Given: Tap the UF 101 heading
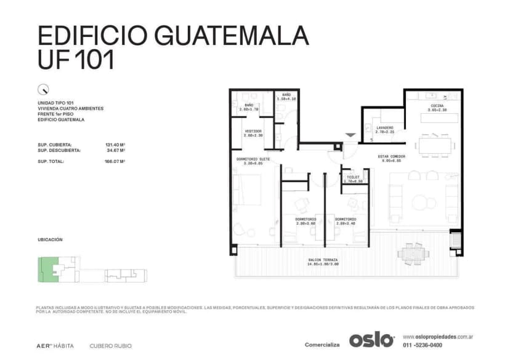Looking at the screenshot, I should coord(76,60).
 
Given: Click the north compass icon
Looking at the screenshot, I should coord(43,88).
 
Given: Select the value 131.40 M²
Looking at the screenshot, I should coord(115,145).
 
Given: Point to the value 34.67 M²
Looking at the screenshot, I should coord(115,150).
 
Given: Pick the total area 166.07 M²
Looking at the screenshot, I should coord(115,161).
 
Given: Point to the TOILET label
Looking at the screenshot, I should coord(354,177).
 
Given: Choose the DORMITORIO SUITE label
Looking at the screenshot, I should coord(253,160).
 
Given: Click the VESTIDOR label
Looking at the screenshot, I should coord(253,132).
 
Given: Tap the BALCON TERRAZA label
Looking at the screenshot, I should coord(323,260).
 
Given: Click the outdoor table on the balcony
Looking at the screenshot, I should coord(411,252).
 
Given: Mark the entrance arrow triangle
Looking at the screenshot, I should coord(350,135).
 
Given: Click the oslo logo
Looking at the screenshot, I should coord(371,340).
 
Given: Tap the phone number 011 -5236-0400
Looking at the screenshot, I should coord(423,345).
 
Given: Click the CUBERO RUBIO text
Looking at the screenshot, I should coord(110,346).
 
